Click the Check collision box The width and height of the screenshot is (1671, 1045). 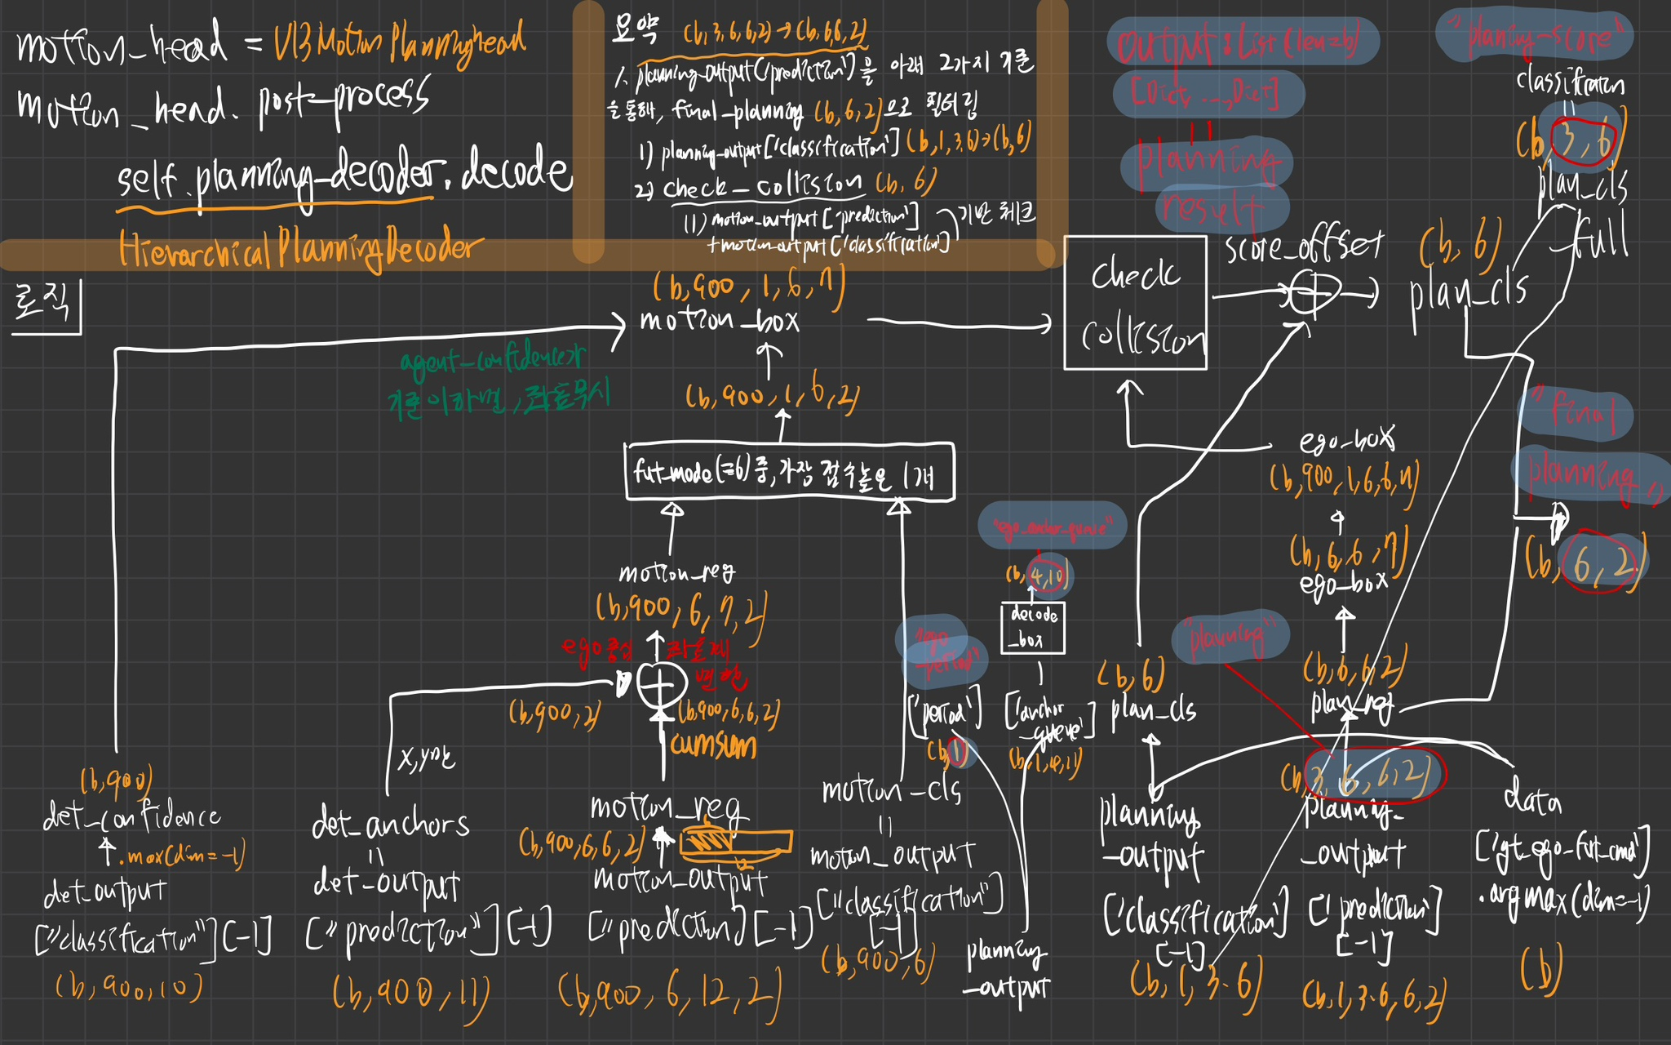(1135, 303)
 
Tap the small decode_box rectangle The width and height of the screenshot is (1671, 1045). (1033, 627)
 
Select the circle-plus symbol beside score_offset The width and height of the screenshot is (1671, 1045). (1314, 292)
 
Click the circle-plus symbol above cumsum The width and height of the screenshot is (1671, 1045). (661, 686)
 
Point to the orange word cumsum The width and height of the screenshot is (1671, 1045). (712, 745)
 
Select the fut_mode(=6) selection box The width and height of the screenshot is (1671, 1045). (789, 472)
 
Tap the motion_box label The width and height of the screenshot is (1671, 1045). (719, 320)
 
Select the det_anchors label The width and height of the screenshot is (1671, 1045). (390, 825)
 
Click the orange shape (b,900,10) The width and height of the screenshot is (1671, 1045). (128, 988)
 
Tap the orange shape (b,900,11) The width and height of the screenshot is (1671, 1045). (410, 994)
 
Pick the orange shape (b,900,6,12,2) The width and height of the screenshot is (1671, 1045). (669, 994)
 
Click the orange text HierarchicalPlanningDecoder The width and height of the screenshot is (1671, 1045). (300, 249)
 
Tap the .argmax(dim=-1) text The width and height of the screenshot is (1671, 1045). (1563, 898)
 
